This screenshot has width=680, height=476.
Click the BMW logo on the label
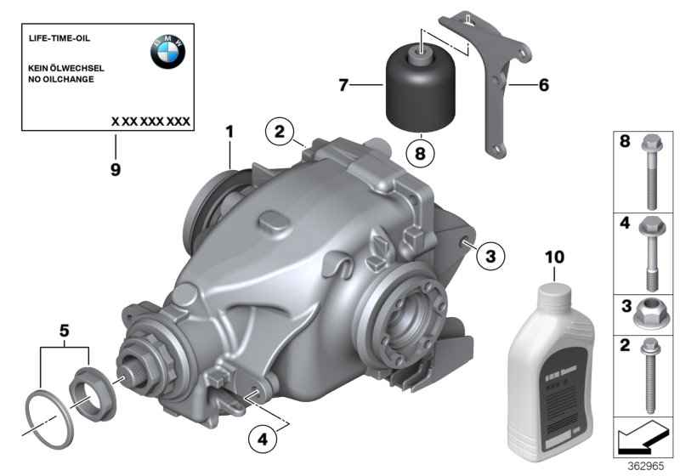click(x=167, y=53)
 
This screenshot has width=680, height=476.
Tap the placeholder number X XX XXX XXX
click(x=150, y=122)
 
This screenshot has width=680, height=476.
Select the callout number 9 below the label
click(x=115, y=169)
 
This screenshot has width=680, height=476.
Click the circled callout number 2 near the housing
click(x=280, y=132)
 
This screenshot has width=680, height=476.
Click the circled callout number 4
click(x=263, y=439)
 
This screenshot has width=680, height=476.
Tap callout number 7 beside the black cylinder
click(x=343, y=85)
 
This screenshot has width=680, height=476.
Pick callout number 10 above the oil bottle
click(x=553, y=255)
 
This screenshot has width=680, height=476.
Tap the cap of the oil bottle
click(x=553, y=292)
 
